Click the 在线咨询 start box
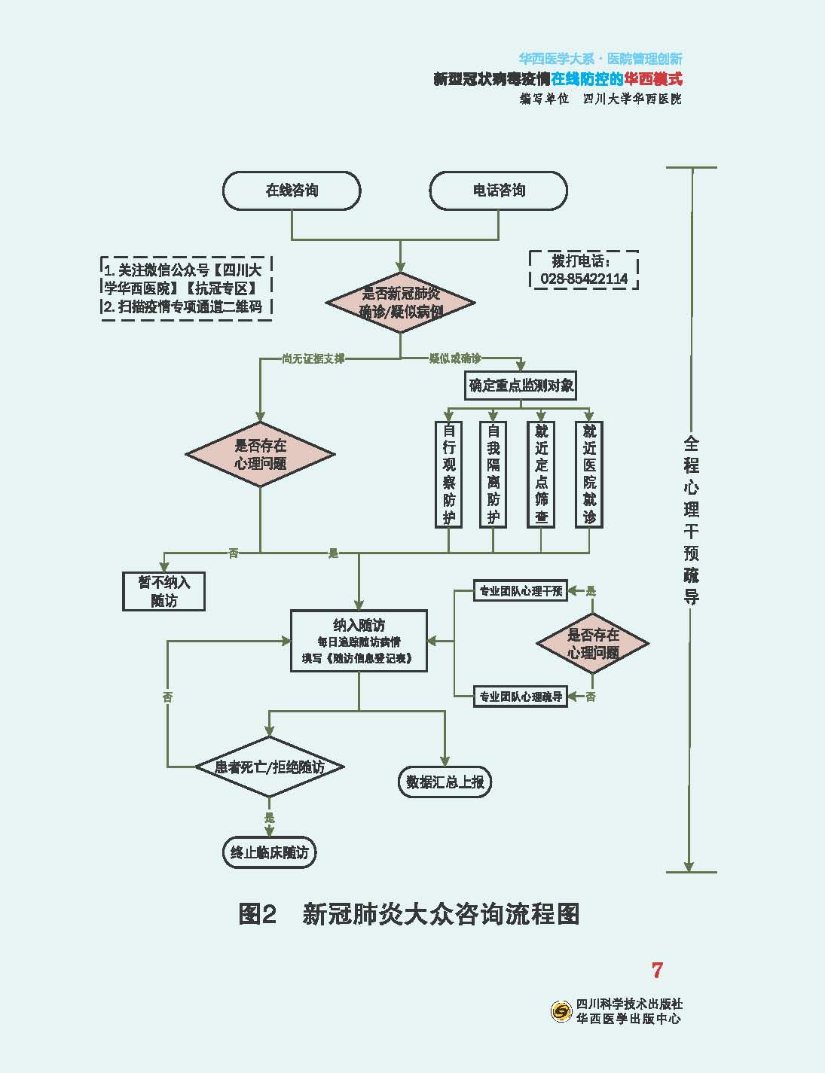[x=292, y=191]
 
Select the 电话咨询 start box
[x=498, y=191]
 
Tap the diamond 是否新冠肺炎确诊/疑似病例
[x=400, y=303]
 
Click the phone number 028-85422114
[x=584, y=279]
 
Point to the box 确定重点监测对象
[x=521, y=386]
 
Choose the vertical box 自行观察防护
[x=449, y=474]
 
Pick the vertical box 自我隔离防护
[x=493, y=474]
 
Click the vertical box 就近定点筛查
[x=541, y=474]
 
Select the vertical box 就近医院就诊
[x=589, y=474]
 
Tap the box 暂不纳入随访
[x=163, y=592]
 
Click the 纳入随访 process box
[x=359, y=641]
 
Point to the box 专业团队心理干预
[x=521, y=591]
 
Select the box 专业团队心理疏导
[x=521, y=697]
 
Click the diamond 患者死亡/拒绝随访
[x=270, y=767]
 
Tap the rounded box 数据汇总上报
[x=445, y=782]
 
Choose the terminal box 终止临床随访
[x=269, y=853]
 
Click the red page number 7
[x=657, y=971]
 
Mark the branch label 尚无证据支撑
[x=313, y=359]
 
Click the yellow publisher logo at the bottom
[x=561, y=1011]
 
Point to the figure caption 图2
[x=258, y=914]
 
